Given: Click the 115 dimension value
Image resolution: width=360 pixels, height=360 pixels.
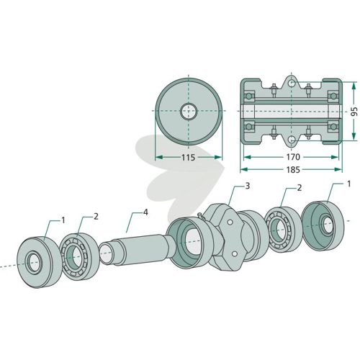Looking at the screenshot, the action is point(188,158).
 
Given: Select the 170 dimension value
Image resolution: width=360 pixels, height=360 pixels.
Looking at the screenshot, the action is point(293,157).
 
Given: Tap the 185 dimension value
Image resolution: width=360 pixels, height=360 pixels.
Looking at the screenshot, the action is point(293,170).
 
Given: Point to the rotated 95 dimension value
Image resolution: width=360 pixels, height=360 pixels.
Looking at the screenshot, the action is point(354,111).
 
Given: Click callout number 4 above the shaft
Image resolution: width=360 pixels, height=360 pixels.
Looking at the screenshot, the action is point(145,212).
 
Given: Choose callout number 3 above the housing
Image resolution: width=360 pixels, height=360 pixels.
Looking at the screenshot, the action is point(248,186).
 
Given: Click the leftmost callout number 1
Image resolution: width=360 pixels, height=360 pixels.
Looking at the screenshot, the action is point(63,220).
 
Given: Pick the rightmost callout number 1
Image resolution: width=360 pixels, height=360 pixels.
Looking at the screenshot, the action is point(348,184).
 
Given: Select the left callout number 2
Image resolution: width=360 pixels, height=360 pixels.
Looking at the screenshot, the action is point(96,217).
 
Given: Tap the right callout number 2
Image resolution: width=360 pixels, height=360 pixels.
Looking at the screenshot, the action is point(299,188).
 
